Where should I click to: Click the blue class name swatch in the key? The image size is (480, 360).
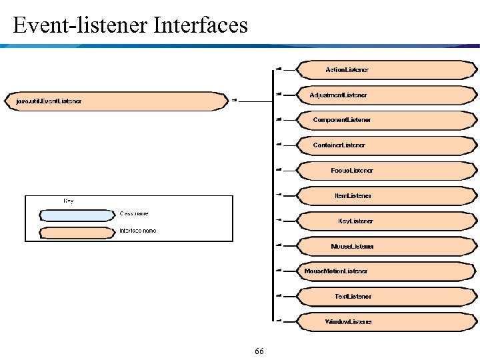[77, 215]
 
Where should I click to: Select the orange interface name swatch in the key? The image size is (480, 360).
[77, 232]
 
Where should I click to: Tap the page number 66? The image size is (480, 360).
[259, 351]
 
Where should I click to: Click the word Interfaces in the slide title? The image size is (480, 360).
[201, 26]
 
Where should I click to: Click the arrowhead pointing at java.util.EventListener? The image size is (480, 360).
[235, 101]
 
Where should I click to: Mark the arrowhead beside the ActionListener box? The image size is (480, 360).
[279, 69]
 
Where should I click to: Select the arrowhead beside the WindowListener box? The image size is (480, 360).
[279, 321]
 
